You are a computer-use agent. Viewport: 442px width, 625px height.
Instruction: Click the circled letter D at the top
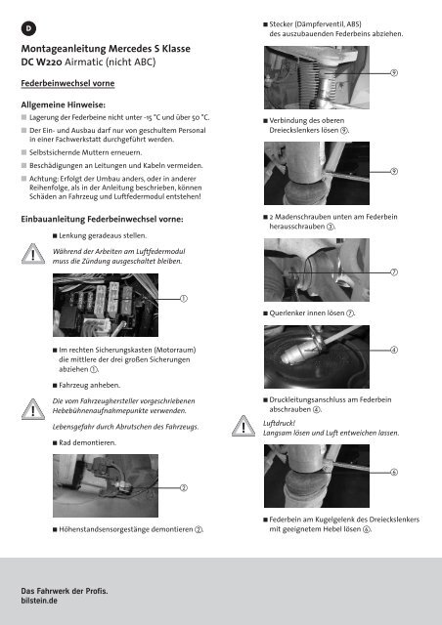coord(28,28)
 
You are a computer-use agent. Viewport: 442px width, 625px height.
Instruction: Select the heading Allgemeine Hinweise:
coord(64,104)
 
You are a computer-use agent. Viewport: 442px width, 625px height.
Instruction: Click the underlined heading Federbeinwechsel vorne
coord(67,83)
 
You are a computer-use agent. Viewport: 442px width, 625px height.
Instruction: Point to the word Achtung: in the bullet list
coord(44,179)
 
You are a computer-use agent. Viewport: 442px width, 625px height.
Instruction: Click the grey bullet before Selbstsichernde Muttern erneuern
coord(23,152)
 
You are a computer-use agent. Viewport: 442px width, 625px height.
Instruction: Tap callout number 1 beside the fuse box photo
coord(184,299)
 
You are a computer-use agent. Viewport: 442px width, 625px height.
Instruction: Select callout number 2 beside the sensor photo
coord(184,488)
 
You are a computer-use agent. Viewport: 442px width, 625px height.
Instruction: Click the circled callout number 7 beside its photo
coord(394,272)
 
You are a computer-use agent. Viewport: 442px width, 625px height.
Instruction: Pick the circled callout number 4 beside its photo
coord(394,350)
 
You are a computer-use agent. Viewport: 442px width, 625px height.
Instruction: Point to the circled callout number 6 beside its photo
coord(394,473)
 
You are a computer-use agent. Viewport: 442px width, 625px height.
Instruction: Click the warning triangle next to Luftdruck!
coord(243,426)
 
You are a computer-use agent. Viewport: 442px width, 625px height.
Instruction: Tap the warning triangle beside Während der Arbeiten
coord(32,254)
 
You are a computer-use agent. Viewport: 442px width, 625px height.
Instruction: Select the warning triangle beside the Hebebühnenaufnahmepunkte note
coord(32,409)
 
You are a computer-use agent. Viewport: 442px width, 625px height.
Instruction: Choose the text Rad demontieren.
coord(87,442)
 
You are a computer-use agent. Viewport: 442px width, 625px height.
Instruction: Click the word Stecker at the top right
coord(281,24)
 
